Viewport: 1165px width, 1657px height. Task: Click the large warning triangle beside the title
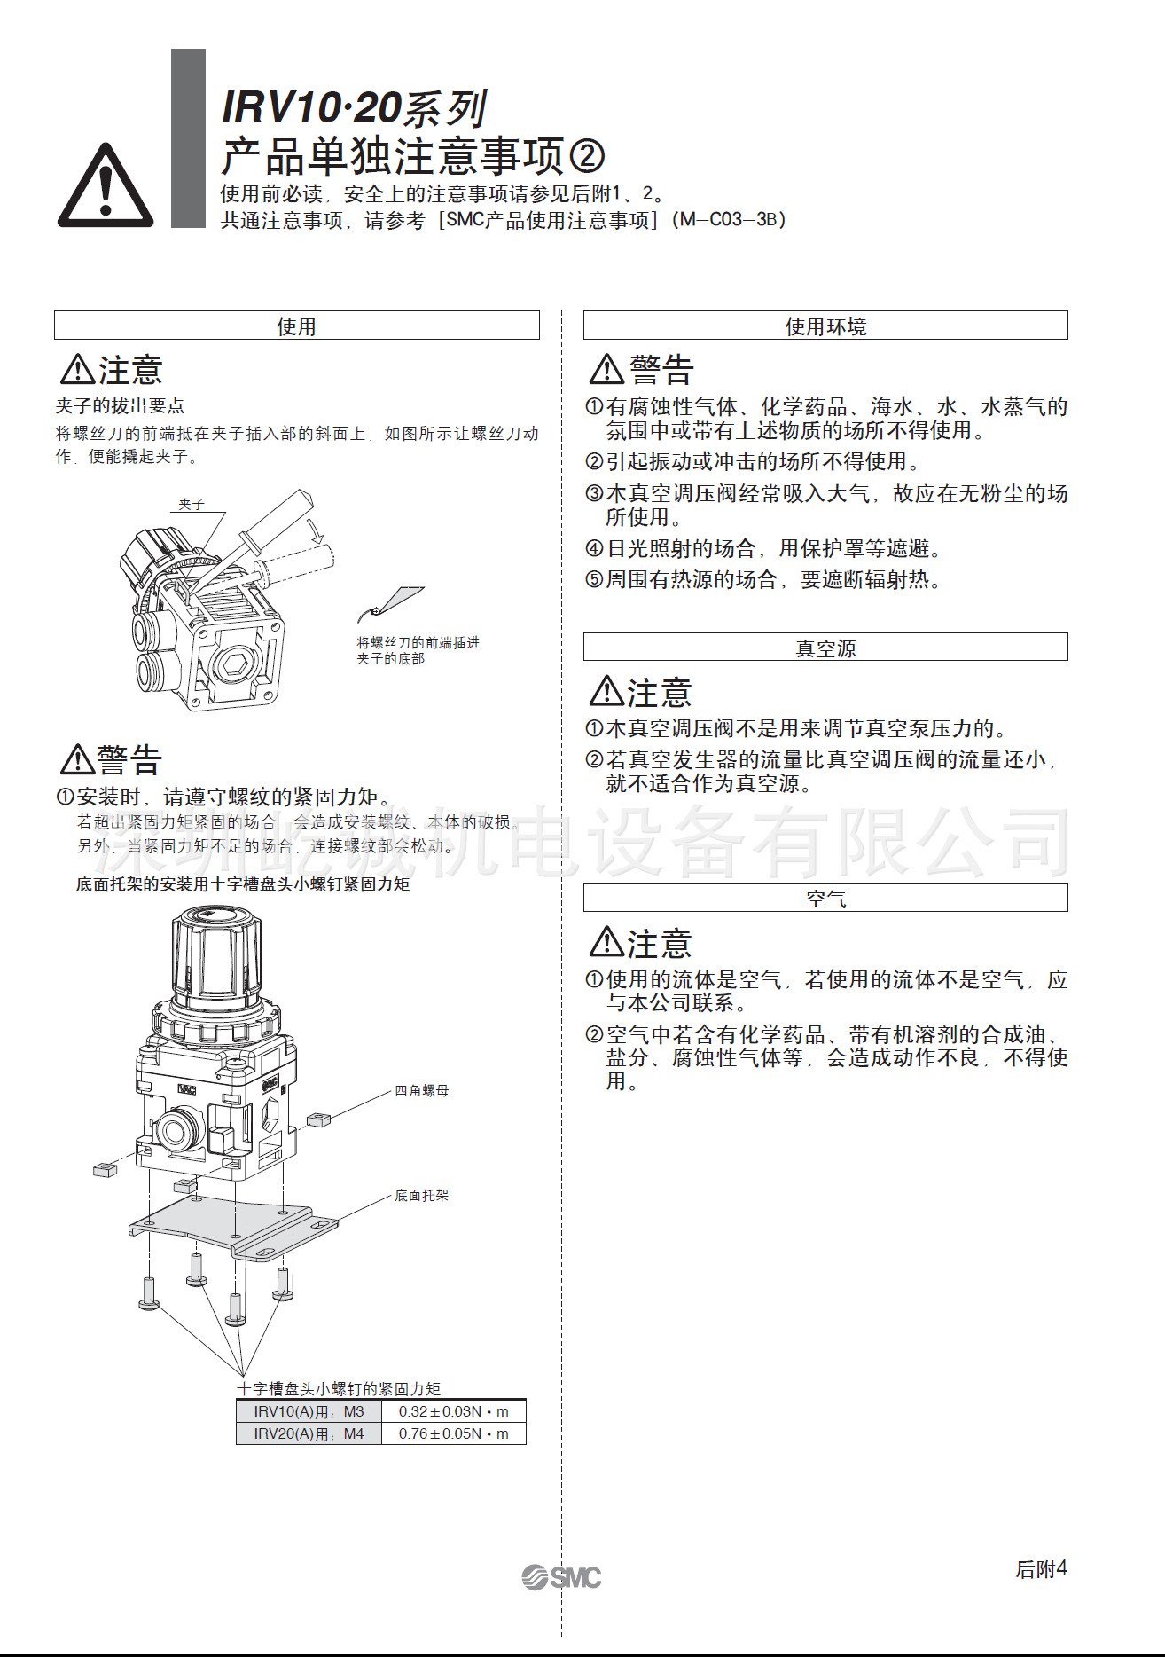point(106,187)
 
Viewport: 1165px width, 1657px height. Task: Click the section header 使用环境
point(825,326)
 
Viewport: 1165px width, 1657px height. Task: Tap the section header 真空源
point(825,648)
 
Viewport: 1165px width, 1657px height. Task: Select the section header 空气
point(825,899)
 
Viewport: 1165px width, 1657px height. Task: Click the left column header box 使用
point(296,326)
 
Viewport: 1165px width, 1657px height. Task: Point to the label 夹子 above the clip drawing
point(192,504)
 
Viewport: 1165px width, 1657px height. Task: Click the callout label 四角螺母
point(421,1090)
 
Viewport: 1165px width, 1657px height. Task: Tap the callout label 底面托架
point(421,1196)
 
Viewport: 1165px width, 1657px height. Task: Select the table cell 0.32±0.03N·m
point(453,1411)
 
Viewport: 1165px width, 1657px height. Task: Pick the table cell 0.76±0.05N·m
point(453,1433)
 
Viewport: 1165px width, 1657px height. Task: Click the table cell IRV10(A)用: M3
point(309,1411)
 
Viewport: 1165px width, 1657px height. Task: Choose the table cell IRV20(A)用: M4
point(309,1433)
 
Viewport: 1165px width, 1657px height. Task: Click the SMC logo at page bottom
point(561,1577)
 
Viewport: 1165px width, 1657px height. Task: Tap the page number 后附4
point(1041,1569)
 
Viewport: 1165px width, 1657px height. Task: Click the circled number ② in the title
point(586,157)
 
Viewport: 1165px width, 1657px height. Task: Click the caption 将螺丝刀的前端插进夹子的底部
point(418,650)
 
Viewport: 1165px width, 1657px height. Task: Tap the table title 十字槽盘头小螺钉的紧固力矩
point(339,1389)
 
